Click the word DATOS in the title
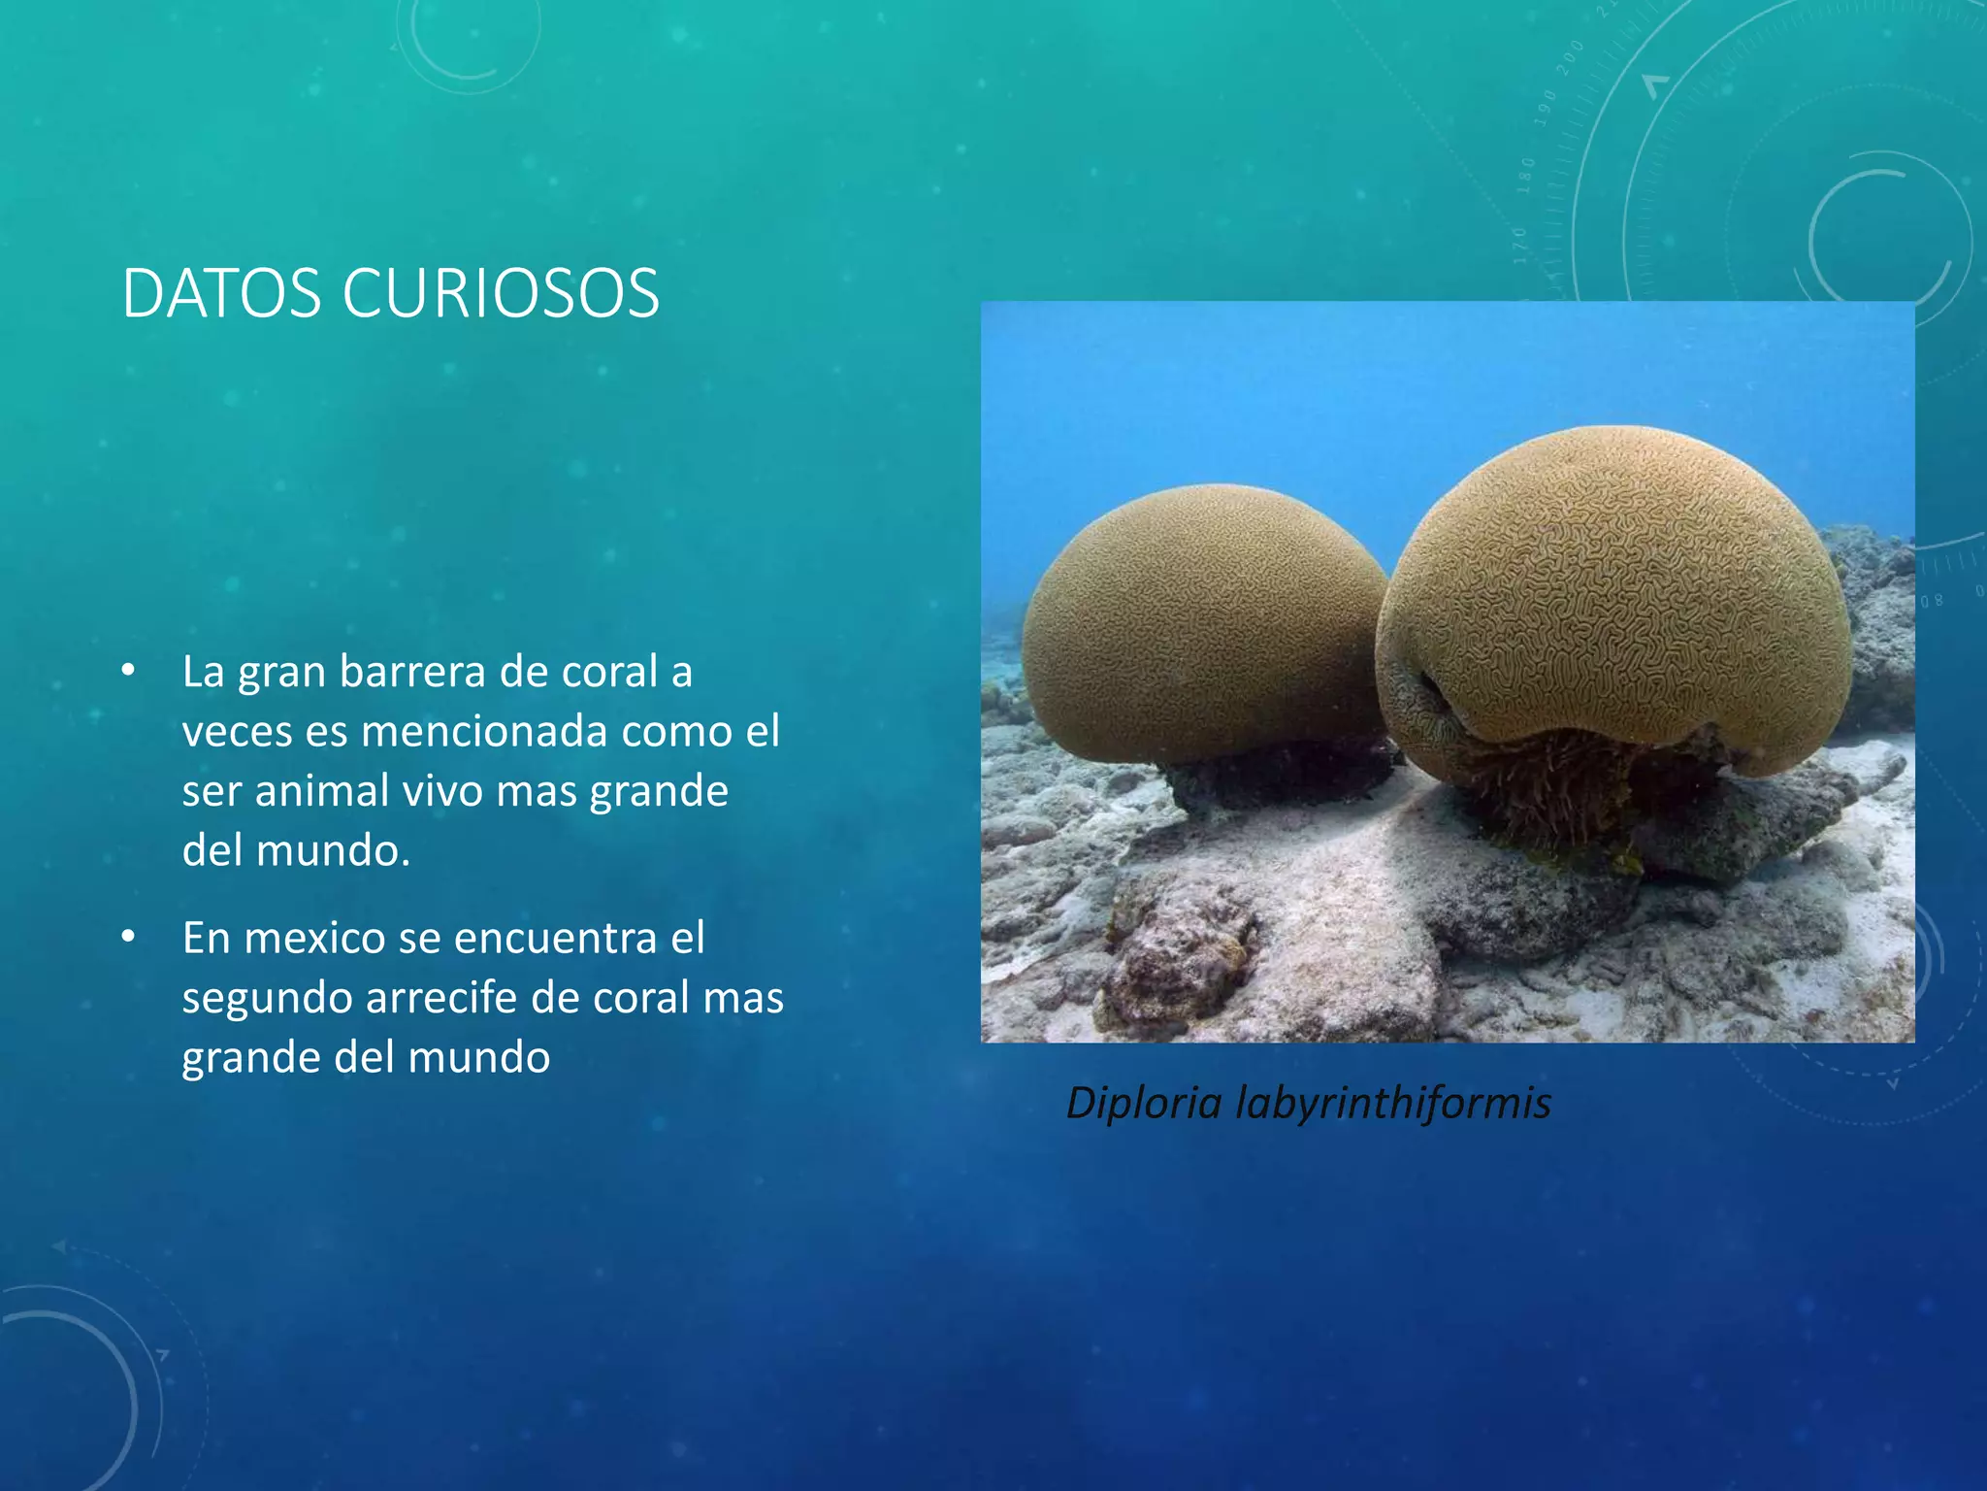(x=221, y=293)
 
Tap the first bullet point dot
(x=128, y=671)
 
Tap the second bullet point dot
(x=128, y=937)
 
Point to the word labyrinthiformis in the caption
(x=1392, y=1103)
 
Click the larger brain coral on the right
(x=1615, y=602)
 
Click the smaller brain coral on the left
(x=1203, y=621)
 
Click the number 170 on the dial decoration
(x=1520, y=245)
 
